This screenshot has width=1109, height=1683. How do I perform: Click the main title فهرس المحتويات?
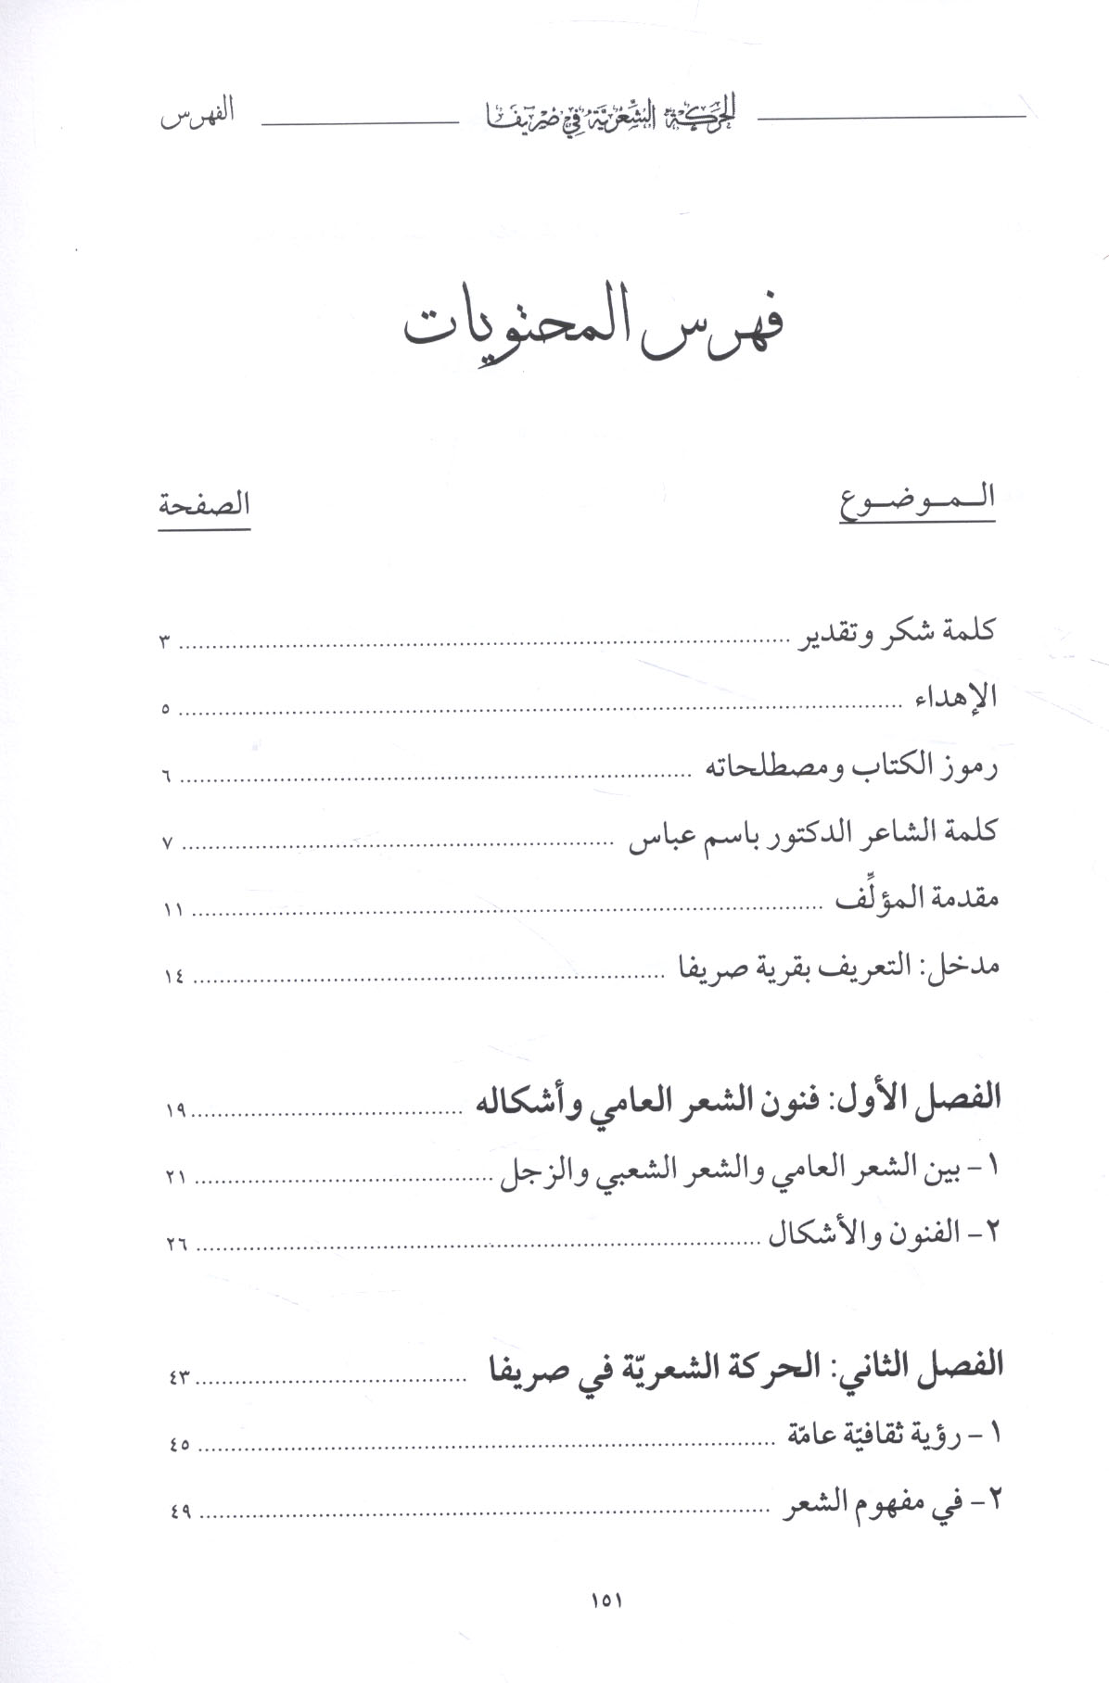pos(594,334)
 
